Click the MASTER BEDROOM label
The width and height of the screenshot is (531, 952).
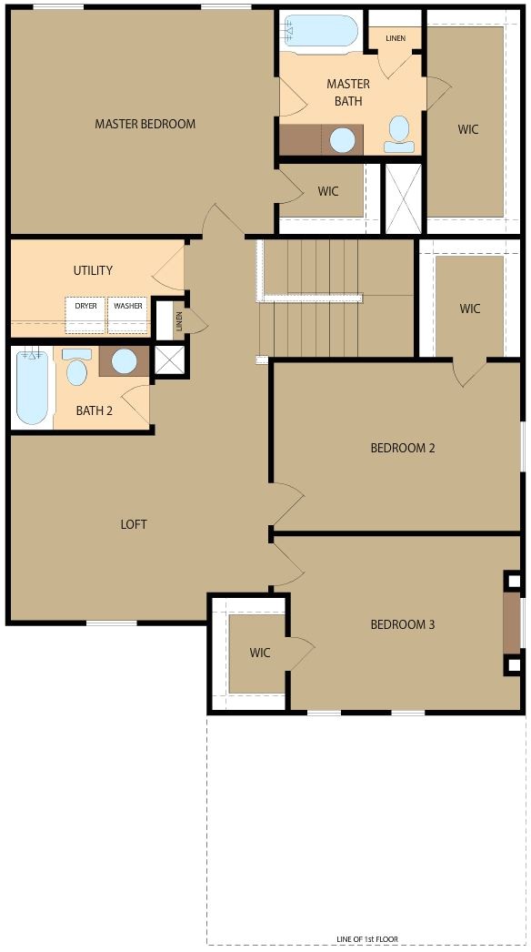click(145, 124)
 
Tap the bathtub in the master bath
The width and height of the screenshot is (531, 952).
click(320, 31)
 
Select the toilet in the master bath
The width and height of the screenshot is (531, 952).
click(398, 134)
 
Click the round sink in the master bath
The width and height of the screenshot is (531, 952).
click(342, 139)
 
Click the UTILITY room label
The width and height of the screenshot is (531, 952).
click(93, 270)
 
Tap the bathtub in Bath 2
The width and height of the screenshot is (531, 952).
click(31, 388)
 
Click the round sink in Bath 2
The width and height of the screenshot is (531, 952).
click(124, 361)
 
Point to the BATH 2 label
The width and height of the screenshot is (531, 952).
click(95, 410)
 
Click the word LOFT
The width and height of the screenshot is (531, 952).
click(134, 524)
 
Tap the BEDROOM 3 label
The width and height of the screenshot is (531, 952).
click(403, 624)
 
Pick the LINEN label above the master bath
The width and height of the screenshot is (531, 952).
click(396, 38)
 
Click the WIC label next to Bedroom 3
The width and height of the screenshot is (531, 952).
click(260, 653)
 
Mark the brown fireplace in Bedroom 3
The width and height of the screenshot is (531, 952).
click(512, 624)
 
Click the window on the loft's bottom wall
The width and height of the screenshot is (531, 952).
click(111, 623)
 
